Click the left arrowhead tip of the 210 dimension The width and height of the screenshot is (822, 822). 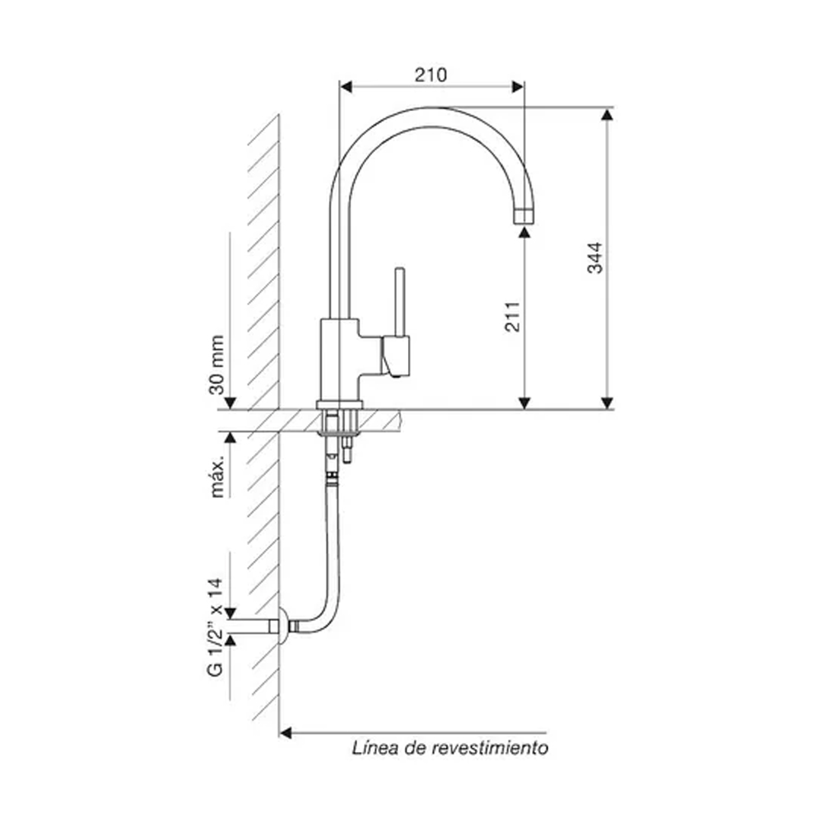coord(339,87)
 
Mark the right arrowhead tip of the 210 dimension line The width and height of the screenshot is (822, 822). coord(524,87)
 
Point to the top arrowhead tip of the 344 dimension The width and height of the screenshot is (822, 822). coord(607,109)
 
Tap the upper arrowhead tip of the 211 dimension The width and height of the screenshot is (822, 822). coord(524,226)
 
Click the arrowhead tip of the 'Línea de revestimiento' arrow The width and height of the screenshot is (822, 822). coord(279,733)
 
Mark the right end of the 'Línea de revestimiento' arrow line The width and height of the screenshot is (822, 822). coord(546,733)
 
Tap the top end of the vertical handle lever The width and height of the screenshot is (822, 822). coord(400,269)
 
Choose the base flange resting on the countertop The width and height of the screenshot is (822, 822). coord(339,405)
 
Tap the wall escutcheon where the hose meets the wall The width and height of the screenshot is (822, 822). coord(283,626)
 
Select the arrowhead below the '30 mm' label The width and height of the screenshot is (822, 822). coord(230,403)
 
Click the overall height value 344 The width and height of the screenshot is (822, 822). coord(595,258)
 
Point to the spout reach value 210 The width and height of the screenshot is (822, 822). coord(431,75)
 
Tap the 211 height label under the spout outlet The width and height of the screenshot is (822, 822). coord(512,316)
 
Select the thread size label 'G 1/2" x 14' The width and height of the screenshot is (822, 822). coord(215,627)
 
